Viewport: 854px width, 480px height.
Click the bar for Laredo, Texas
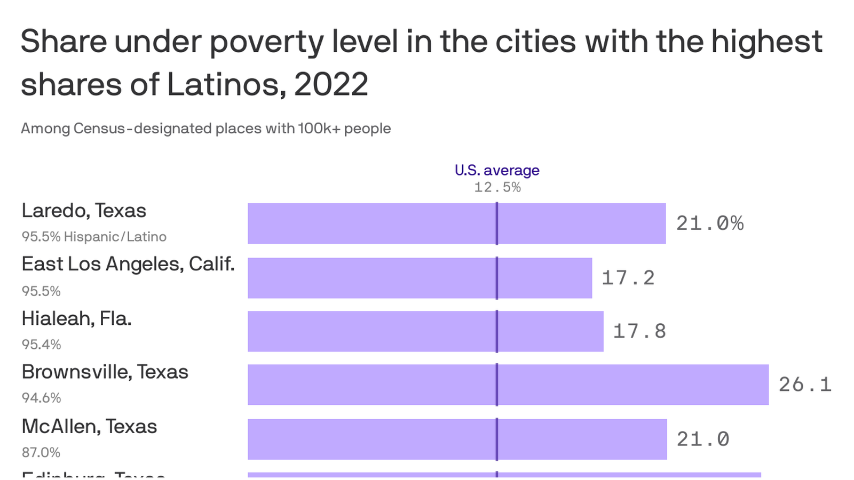(456, 223)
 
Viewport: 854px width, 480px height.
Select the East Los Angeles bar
(420, 278)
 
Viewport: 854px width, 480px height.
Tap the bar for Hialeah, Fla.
(425, 331)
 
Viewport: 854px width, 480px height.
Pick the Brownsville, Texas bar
(508, 385)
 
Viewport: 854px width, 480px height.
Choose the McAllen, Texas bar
(457, 439)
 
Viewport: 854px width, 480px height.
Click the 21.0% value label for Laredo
(710, 223)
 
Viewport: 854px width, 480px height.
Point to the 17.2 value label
(628, 278)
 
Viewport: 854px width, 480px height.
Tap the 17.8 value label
(639, 331)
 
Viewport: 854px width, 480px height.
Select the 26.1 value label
(805, 385)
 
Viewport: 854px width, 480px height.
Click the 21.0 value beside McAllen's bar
(703, 439)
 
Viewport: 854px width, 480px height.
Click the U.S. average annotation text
(497, 170)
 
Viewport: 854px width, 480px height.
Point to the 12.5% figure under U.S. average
(497, 187)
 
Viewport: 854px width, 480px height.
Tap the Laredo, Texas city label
(84, 211)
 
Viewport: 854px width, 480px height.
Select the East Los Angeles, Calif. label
(128, 264)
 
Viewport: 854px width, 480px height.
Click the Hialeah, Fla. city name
(76, 318)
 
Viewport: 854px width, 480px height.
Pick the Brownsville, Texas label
(105, 372)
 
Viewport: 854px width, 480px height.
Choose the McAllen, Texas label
(89, 427)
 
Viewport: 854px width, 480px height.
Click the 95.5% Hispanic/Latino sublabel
(94, 237)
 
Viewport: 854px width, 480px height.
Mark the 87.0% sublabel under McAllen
(41, 452)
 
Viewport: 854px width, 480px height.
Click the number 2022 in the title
(331, 85)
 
